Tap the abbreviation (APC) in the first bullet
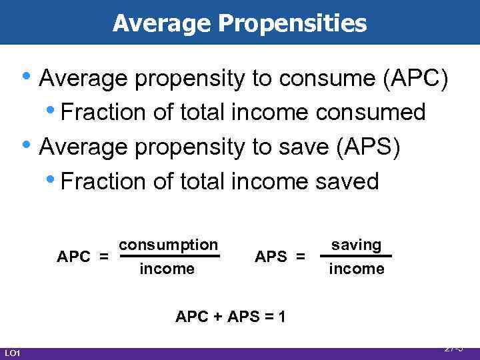tap(416, 79)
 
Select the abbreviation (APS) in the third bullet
tap(369, 147)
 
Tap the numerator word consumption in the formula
tap(168, 245)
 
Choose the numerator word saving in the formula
tap(357, 245)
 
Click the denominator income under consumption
tap(167, 269)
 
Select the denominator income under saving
tap(357, 269)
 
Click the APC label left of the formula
tap(75, 257)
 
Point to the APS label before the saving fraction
tap(272, 257)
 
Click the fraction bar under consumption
tap(169, 256)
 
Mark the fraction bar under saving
tap(357, 256)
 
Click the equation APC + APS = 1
tap(231, 317)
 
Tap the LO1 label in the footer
tap(13, 353)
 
